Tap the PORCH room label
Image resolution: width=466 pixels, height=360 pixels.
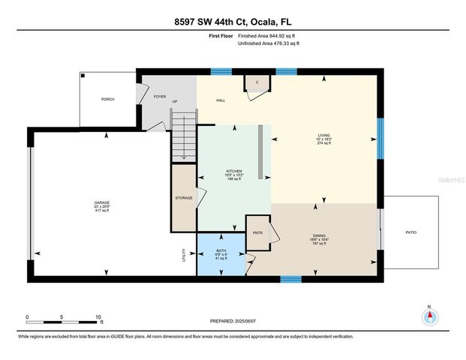[x=108, y=99]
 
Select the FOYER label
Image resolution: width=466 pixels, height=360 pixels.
[x=160, y=96]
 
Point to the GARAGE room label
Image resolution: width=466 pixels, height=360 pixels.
[x=101, y=202]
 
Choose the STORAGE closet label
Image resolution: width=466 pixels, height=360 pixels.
[x=184, y=198]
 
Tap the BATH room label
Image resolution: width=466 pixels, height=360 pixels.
[x=221, y=251]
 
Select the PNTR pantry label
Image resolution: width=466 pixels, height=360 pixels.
[x=257, y=233]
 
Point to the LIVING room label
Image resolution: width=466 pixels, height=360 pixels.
[x=323, y=136]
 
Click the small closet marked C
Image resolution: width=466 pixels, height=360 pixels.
[x=257, y=82]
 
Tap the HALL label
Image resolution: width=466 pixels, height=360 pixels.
[x=221, y=100]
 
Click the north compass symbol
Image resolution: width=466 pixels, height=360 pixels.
[x=429, y=316]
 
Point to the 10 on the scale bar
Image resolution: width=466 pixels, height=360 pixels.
[x=98, y=316]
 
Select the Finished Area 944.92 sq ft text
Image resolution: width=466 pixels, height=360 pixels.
[x=268, y=35]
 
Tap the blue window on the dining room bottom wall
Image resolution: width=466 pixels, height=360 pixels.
[x=290, y=279]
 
